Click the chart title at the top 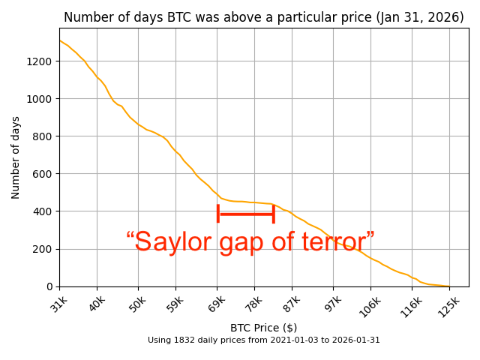coord(263,17)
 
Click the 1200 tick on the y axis coord(40,61)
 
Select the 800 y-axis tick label coord(43,136)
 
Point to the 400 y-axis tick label coord(43,211)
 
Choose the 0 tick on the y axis coord(49,286)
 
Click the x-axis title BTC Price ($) coord(263,328)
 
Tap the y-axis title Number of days coord(16,157)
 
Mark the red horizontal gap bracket coord(245,214)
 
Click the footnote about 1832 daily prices coord(263,340)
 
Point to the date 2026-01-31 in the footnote coord(357,340)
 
